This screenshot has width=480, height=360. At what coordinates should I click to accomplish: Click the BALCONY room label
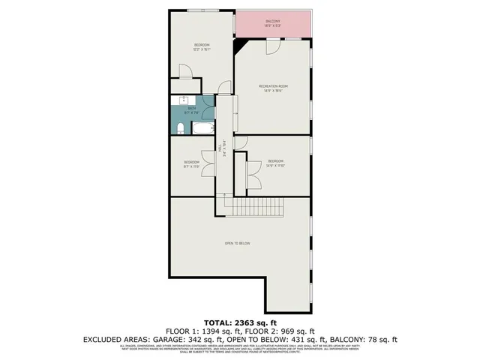click(x=273, y=21)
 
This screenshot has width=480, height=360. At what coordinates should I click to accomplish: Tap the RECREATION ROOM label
click(x=273, y=86)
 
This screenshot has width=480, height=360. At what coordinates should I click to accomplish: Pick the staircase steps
click(x=256, y=206)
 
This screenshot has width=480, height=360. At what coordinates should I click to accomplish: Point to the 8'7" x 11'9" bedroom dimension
click(x=191, y=167)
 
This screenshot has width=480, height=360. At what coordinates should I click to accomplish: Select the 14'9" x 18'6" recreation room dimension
click(x=273, y=91)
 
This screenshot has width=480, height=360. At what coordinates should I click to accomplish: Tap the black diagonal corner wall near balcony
click(x=241, y=46)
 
